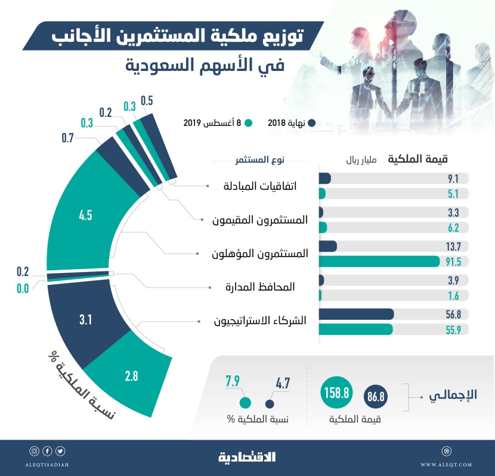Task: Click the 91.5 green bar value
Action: (454, 261)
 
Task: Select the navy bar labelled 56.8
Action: (357, 314)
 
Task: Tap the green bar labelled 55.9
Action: (356, 329)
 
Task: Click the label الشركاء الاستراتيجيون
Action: (260, 321)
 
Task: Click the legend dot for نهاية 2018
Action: (311, 123)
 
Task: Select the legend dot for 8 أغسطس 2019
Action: (249, 123)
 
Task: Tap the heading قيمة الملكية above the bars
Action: (417, 159)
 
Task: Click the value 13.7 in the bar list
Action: (454, 246)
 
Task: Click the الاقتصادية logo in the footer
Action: (247, 458)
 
